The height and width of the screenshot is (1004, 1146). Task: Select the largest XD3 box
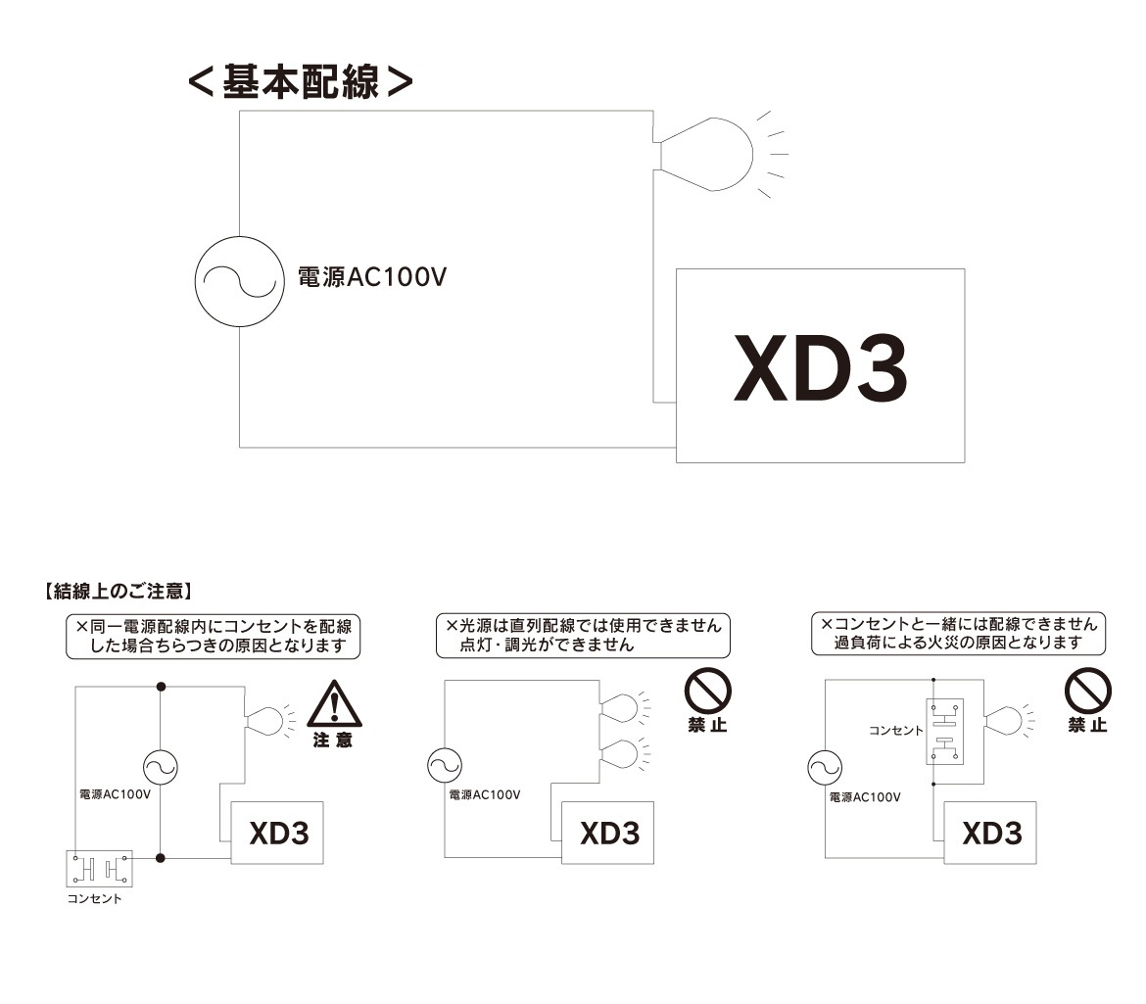click(x=820, y=365)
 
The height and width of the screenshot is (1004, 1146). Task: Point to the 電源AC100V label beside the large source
click(x=372, y=278)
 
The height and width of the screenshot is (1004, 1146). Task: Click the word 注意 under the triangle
click(x=333, y=741)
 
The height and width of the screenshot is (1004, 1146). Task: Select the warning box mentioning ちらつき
click(x=213, y=636)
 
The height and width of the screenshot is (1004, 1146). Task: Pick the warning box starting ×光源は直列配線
click(x=584, y=636)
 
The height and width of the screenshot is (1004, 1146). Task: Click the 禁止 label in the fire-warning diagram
click(x=1087, y=726)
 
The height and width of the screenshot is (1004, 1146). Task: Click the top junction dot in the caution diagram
click(x=161, y=685)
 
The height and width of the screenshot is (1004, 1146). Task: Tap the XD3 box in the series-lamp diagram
click(x=608, y=833)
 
